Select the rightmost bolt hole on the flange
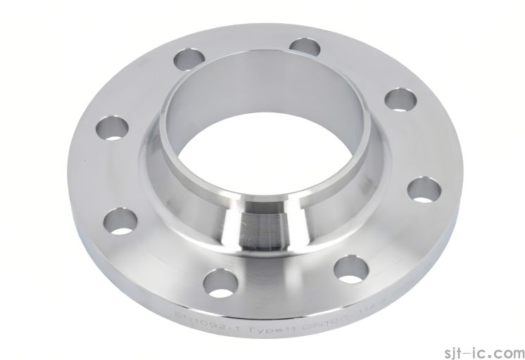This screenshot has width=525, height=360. (x=423, y=190)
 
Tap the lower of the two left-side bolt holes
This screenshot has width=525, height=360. (x=120, y=221)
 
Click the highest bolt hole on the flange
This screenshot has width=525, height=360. (x=305, y=47)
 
